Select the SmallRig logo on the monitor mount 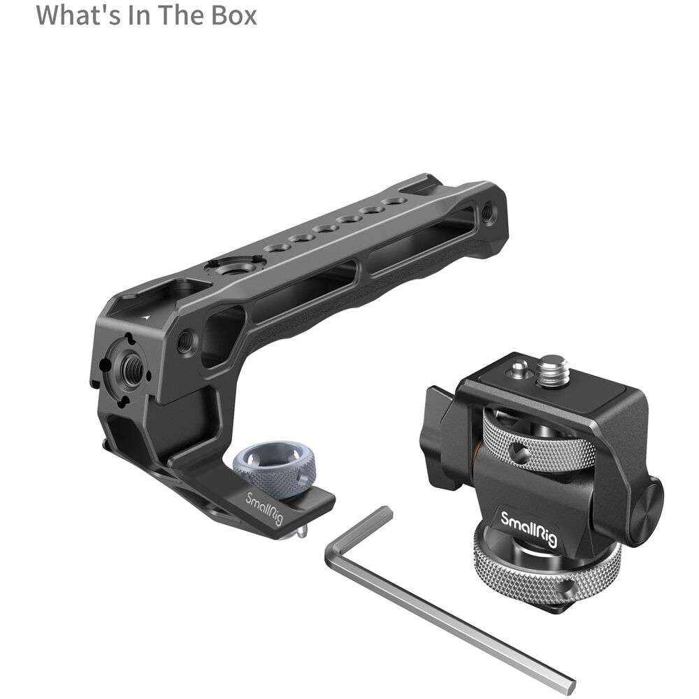tap(528, 529)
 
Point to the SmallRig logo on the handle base tap(264, 508)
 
